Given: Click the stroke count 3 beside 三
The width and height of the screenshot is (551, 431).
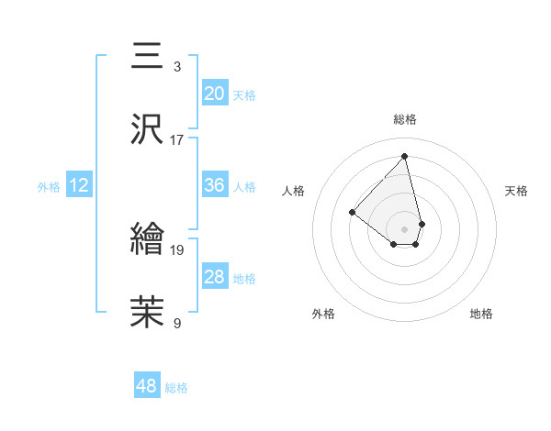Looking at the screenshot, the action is tap(177, 66).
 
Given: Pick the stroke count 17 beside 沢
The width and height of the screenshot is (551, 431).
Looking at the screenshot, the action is tap(177, 140).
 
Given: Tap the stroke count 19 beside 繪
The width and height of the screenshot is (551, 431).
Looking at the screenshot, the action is tap(177, 249).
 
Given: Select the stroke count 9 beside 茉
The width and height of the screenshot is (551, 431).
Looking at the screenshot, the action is tap(177, 323).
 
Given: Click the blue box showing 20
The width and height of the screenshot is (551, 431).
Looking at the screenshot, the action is tap(215, 93).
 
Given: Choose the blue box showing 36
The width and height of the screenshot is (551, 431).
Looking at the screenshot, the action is tap(215, 185).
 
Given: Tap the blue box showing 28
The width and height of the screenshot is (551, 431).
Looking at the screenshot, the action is tap(215, 277).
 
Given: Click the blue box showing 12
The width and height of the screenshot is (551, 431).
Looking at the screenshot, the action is tap(79, 185).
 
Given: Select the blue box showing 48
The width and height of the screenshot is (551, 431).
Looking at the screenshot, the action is tap(147, 386).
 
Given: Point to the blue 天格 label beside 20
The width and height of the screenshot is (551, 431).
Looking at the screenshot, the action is tap(244, 94).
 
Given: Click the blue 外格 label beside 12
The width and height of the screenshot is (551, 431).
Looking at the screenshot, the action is tap(49, 187).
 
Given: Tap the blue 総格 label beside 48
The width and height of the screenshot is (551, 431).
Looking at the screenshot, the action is tap(176, 388).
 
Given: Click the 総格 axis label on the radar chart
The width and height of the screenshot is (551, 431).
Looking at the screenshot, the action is tap(405, 119).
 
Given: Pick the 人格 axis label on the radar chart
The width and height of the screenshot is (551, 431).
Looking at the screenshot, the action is tap(294, 191).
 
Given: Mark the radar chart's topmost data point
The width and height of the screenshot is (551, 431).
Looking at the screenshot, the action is tap(405, 156).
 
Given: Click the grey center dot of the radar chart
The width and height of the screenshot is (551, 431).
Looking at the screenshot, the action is tap(404, 227).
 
